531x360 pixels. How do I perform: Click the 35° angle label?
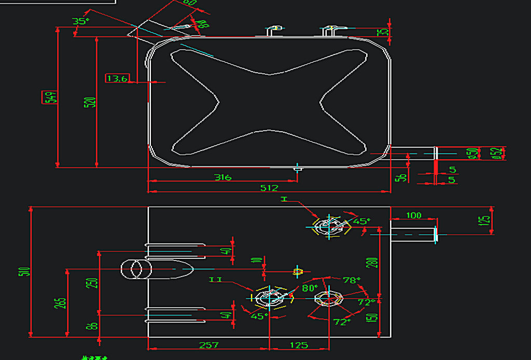pyautogui.click(x=80, y=21)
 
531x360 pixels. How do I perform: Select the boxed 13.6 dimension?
pyautogui.click(x=117, y=78)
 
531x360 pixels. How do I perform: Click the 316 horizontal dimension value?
pyautogui.click(x=223, y=177)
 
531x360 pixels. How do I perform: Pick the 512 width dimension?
pyautogui.click(x=270, y=188)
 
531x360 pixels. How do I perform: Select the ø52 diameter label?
pyautogui.click(x=497, y=153)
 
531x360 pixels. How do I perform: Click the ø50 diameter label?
pyautogui.click(x=472, y=154)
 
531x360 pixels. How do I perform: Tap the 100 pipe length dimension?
pyautogui.click(x=413, y=215)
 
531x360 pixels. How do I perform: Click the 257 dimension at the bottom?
pyautogui.click(x=208, y=345)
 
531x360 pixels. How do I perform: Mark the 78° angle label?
pyautogui.click(x=351, y=280)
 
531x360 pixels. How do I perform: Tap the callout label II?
pyautogui.click(x=216, y=280)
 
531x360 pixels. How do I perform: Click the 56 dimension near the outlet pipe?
pyautogui.click(x=400, y=177)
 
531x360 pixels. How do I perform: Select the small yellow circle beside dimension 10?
pyautogui.click(x=298, y=271)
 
